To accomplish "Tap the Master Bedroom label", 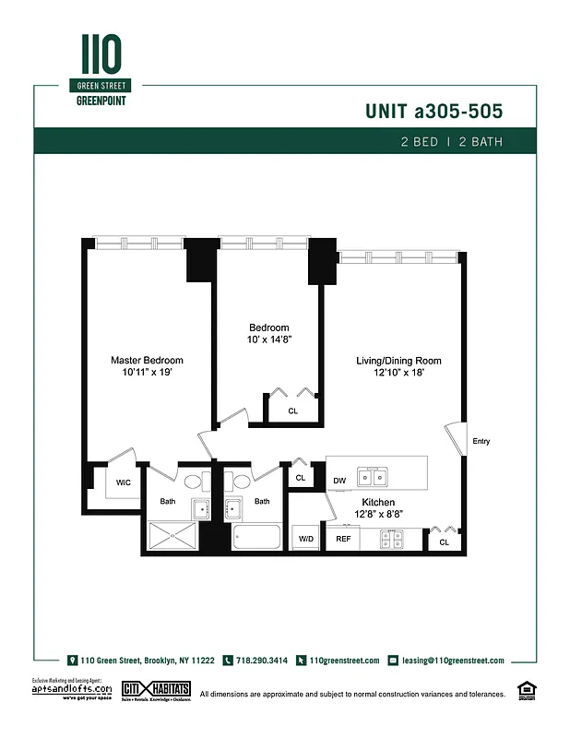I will tap(148, 360).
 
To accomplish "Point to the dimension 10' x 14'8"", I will tap(268, 339).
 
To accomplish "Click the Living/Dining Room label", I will tap(398, 361).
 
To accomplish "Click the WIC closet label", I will tap(123, 482).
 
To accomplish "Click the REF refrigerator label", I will tap(343, 538).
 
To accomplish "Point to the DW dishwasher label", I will tap(339, 481).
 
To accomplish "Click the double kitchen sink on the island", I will tap(373, 476).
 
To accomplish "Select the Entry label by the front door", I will tap(481, 441).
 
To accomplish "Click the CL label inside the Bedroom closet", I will tap(293, 411).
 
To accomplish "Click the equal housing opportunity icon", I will tap(528, 688).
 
